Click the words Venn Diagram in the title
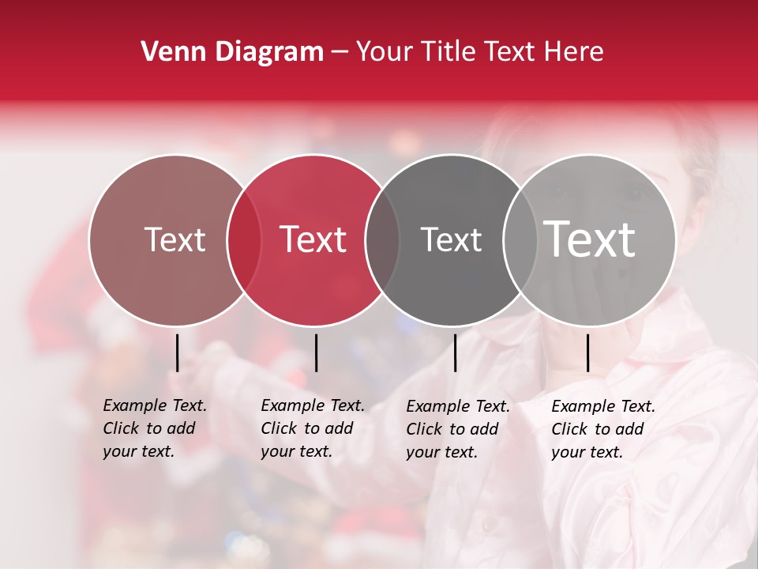pos(232,52)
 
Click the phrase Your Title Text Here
pos(479,52)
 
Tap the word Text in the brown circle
pos(174,239)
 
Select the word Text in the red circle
pos(313,239)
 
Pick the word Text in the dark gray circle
pos(451,239)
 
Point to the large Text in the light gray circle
pos(590,239)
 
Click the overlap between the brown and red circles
pos(244,239)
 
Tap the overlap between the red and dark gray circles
pos(382,239)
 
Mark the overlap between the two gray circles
pos(520,239)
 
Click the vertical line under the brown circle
pos(178,352)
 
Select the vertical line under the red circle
pos(316,352)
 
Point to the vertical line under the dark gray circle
pos(455,352)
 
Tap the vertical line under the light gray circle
pos(588,352)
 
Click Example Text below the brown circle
pos(155,405)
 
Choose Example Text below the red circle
pos(313,405)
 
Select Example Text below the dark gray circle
pos(458,406)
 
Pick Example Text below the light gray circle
pos(603,406)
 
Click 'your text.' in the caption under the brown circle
pos(138,452)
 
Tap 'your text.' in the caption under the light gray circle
pos(587,453)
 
